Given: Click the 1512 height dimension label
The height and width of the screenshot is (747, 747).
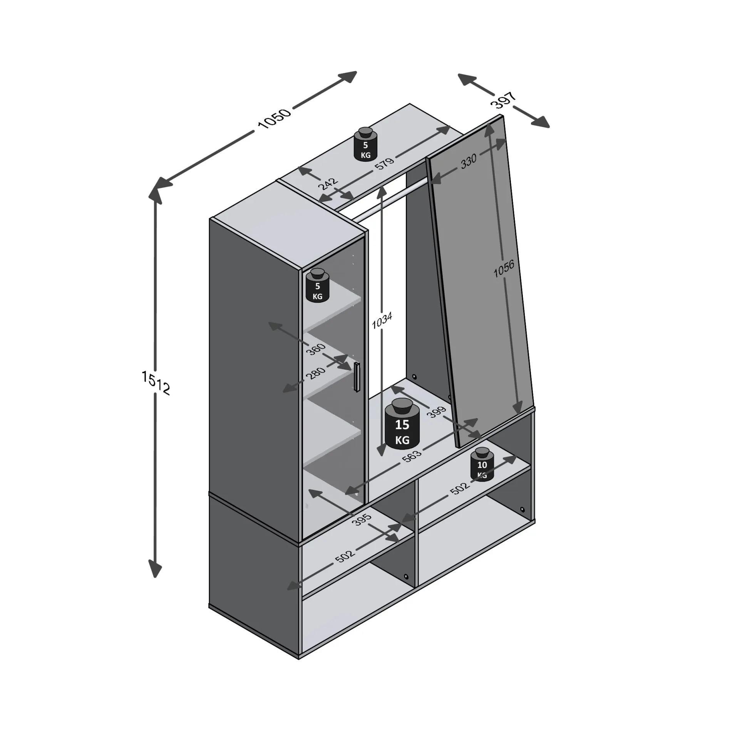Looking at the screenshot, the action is click(x=156, y=383).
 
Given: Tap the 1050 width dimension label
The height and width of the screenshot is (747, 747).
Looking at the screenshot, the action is click(x=274, y=118).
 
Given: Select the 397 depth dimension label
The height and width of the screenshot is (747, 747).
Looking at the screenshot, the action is click(x=503, y=100).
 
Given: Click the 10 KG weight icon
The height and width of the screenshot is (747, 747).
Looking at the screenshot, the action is click(x=482, y=464).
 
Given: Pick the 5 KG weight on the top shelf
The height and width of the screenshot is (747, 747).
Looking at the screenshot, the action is click(x=365, y=144).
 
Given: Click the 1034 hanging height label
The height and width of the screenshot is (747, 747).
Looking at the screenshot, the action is click(x=382, y=320).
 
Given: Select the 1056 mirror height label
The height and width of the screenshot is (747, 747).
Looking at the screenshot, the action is click(x=504, y=268).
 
